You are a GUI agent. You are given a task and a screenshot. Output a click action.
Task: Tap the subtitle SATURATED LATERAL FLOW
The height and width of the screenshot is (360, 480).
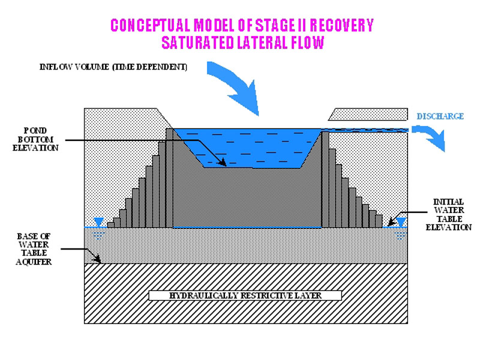[242, 43]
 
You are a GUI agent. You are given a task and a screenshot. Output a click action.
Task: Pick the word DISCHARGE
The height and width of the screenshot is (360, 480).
[440, 116]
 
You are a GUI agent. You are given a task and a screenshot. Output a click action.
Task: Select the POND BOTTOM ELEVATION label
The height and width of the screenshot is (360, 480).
[38, 139]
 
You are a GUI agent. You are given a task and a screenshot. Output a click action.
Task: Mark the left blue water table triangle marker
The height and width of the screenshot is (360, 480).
[98, 223]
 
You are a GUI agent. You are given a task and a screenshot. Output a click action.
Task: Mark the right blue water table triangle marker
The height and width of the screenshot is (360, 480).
[401, 223]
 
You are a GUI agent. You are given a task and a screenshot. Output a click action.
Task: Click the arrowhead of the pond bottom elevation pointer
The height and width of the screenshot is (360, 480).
[223, 163]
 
